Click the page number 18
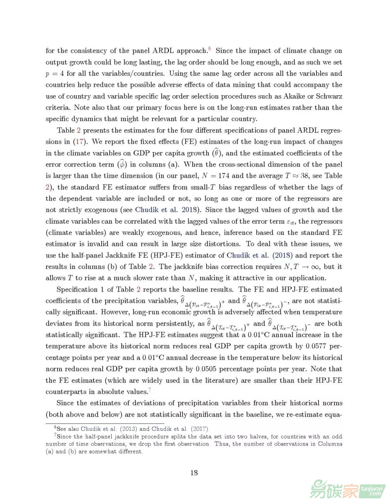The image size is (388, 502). pos(194,473)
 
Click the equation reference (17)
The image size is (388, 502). pos(80,141)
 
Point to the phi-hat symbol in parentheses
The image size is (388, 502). pos(122,164)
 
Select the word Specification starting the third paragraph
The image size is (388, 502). pos(77,289)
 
